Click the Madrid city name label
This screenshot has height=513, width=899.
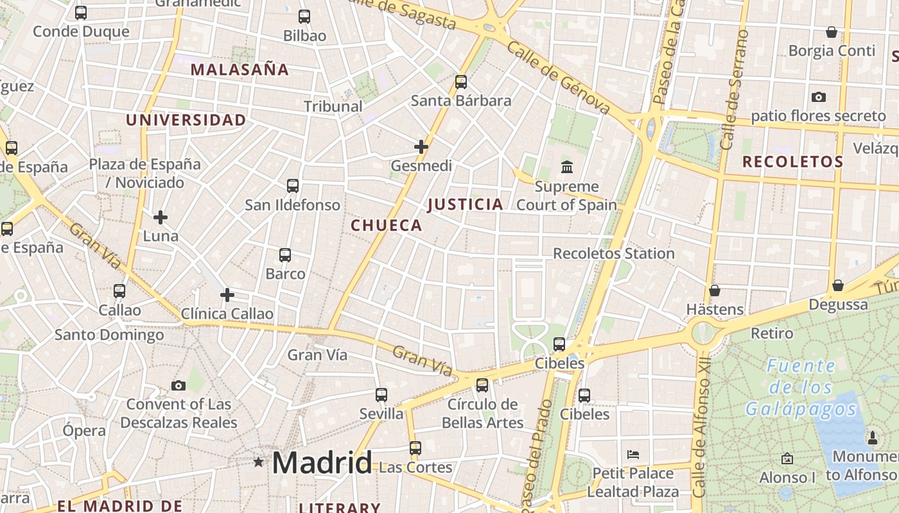(322, 462)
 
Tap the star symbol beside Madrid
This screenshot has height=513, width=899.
(258, 462)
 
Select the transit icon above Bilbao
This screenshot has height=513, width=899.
(304, 17)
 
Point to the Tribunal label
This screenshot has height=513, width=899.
(333, 106)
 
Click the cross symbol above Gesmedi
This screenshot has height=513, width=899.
(421, 147)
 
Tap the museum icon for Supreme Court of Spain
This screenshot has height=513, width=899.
(567, 167)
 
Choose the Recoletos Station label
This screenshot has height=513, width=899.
(613, 253)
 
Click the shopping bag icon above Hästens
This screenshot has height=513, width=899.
(714, 290)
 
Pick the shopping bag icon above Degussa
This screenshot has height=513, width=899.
(837, 285)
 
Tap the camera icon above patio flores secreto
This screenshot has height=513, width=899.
(818, 97)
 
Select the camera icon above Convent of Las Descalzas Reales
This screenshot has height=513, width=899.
(179, 385)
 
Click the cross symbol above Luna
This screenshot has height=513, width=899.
(161, 217)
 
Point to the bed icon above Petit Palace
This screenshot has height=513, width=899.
(633, 455)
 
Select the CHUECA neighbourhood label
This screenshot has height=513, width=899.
(387, 225)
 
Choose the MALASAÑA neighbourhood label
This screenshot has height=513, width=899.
(240, 70)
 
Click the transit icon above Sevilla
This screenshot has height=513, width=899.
(381, 394)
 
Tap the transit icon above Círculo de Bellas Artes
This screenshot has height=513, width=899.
(482, 385)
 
